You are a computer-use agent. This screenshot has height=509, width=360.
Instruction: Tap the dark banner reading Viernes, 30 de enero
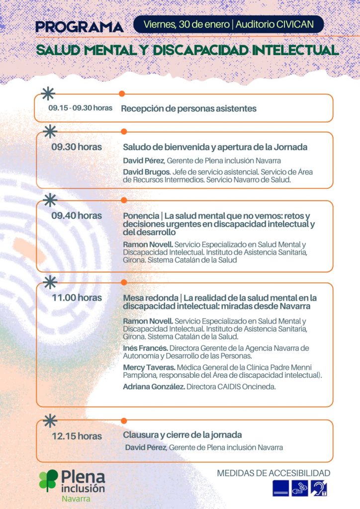(229, 24)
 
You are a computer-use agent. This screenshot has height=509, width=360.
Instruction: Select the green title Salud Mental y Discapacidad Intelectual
(187, 50)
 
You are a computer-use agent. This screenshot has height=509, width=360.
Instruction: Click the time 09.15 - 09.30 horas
(80, 108)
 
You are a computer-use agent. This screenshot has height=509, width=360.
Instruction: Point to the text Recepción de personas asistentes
(189, 108)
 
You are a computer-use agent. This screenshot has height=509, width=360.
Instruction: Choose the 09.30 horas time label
(77, 147)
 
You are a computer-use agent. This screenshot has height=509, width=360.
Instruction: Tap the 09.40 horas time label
(77, 216)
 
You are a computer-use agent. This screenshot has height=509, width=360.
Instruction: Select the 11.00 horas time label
(77, 298)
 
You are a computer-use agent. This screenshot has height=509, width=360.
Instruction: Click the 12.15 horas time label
(77, 436)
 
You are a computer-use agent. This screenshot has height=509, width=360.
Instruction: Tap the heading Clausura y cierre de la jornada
(182, 434)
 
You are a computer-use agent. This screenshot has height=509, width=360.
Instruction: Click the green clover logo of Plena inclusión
(49, 481)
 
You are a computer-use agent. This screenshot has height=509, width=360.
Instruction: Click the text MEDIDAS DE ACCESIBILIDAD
(273, 473)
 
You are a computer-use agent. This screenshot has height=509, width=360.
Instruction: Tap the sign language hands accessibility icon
(300, 488)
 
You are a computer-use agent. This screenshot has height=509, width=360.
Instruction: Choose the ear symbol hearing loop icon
(319, 488)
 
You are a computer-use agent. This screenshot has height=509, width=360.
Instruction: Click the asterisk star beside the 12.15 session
(49, 421)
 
